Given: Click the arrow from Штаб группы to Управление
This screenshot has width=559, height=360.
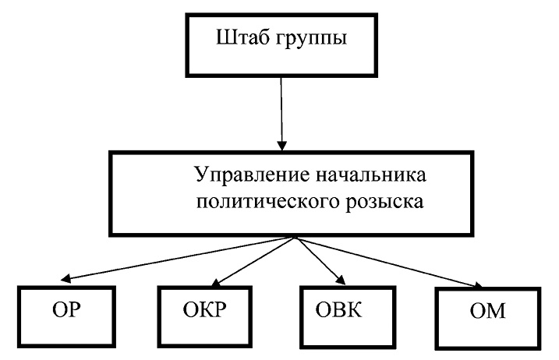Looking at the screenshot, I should [282, 109].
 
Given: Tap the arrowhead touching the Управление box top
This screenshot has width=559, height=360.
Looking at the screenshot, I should [283, 144].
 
